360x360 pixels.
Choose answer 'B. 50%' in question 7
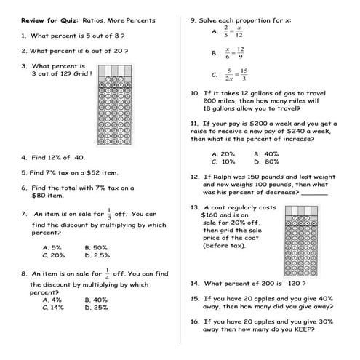(x=96, y=247)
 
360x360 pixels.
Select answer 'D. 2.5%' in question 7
(x=97, y=255)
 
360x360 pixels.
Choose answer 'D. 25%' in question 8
(x=96, y=308)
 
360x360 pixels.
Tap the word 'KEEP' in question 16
(x=297, y=329)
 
